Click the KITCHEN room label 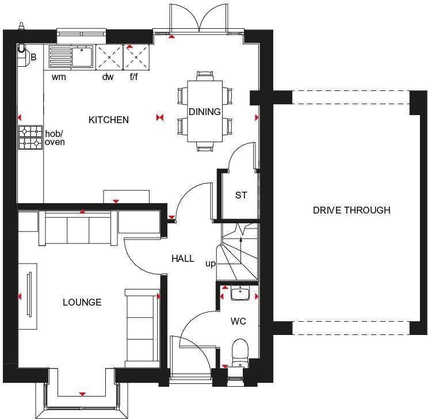(x=108, y=120)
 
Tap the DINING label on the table (x=205, y=112)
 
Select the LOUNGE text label (x=82, y=302)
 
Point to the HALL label (x=182, y=259)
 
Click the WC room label (x=238, y=321)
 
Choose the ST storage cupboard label (x=240, y=195)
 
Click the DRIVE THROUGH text (x=351, y=210)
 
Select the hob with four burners (x=30, y=138)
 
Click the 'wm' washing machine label (x=58, y=77)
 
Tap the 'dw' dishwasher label (x=108, y=77)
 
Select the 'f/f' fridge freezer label (x=133, y=77)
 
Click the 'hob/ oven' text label (x=55, y=138)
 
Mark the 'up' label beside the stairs (x=211, y=264)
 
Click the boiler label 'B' (x=33, y=57)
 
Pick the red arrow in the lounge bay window (x=82, y=394)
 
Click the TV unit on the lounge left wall (x=28, y=296)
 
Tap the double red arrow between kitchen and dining (x=160, y=118)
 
